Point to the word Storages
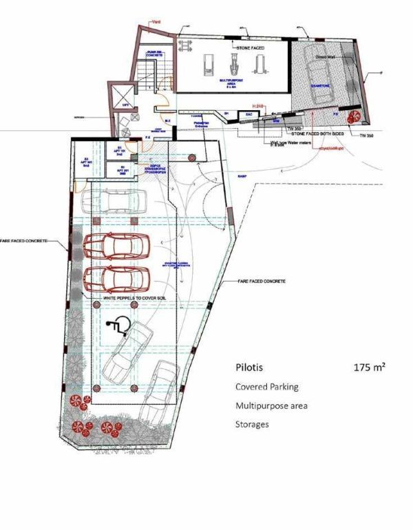click(252, 425)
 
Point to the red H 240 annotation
click(259, 105)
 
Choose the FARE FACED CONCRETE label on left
click(23, 242)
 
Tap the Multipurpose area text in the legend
click(271, 406)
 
